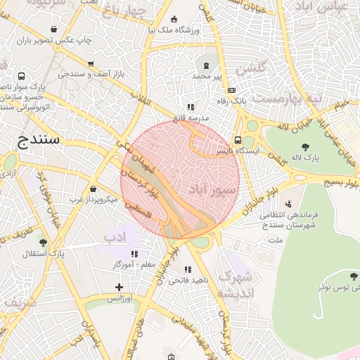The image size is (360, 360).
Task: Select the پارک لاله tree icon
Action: (305, 146)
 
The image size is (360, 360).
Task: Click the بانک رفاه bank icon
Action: (231, 90)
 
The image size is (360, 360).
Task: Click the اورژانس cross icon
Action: (119, 287)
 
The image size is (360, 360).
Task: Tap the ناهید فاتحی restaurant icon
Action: (188, 269)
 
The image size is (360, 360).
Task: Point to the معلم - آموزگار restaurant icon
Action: (134, 253)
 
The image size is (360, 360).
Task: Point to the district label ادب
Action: (118, 236)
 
